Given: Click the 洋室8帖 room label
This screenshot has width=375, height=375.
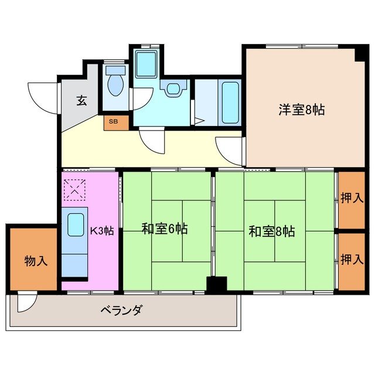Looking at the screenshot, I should click(302, 108).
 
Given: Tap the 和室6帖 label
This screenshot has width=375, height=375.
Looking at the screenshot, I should click(165, 229).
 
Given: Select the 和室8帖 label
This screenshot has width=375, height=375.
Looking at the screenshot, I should click(271, 231).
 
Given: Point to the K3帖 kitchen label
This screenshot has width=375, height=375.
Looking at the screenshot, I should click(102, 230).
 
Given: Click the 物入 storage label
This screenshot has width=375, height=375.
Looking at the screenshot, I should click(36, 260).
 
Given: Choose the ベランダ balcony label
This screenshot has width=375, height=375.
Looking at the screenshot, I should click(121, 310).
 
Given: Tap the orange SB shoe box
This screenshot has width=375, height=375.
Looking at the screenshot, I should click(113, 122).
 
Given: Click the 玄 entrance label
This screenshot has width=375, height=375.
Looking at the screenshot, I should click(81, 100).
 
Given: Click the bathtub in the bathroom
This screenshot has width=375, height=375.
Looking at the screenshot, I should click(230, 103).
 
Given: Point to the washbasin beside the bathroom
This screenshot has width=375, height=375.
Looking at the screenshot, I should click(174, 89).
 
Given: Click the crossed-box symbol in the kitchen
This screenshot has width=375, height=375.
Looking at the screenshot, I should click(75, 190).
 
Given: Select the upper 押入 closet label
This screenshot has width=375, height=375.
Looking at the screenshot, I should click(352, 198).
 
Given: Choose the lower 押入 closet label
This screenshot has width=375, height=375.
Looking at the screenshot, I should click(352, 260).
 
